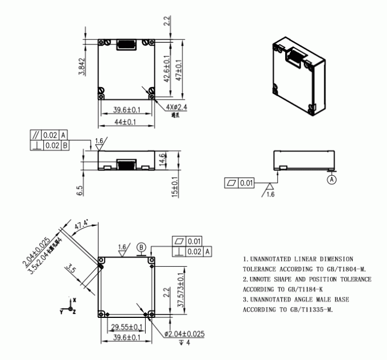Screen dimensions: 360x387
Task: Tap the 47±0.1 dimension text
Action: click(180, 73)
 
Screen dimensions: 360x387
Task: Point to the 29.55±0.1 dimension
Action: click(126, 327)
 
